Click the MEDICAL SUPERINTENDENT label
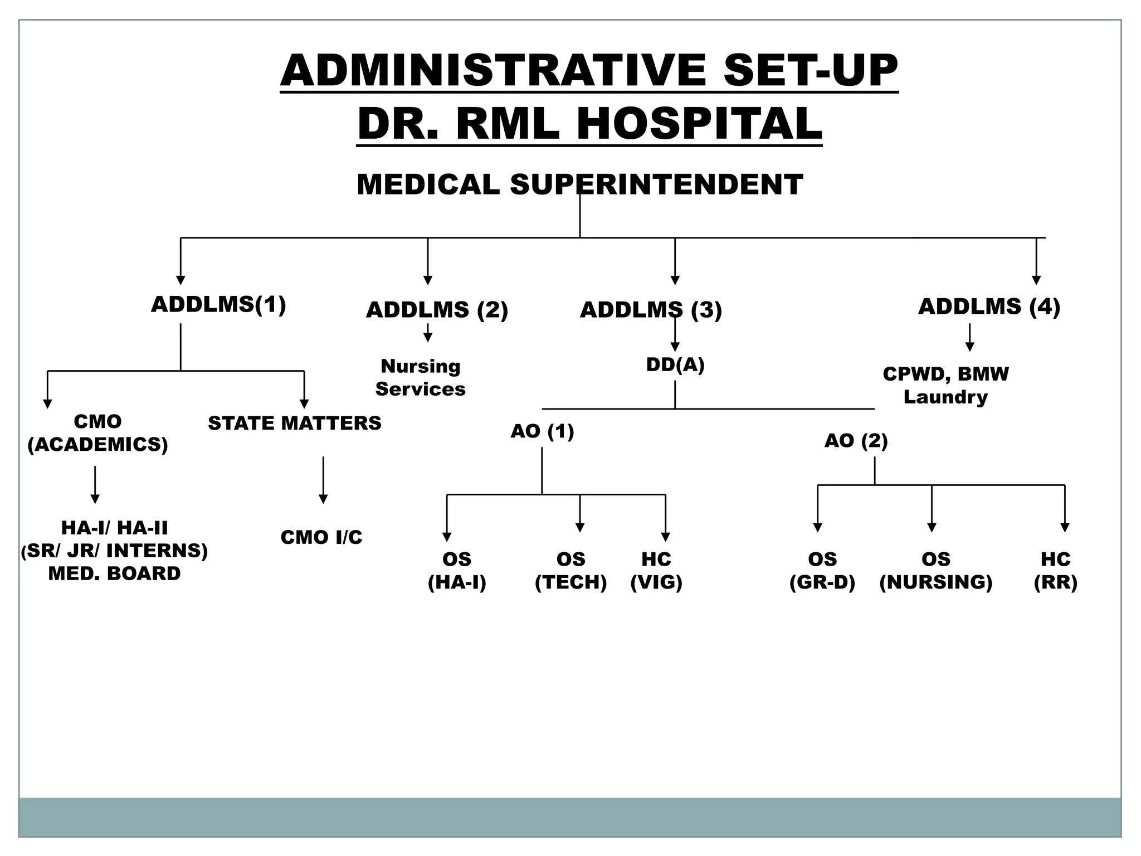tap(579, 184)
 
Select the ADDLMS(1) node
tap(218, 305)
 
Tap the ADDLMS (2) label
tap(437, 310)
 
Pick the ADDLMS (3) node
tap(651, 310)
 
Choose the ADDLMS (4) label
tap(989, 307)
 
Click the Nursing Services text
tap(420, 377)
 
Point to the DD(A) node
tap(675, 364)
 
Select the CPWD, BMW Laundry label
tap(945, 385)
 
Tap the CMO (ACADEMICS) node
tap(97, 433)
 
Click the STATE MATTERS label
tap(295, 424)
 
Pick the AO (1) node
tap(542, 431)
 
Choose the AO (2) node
tap(856, 441)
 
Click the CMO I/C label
tap(321, 537)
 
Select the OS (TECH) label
tap(570, 571)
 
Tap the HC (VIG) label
tap(656, 571)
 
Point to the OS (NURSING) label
tap(936, 571)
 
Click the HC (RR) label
tap(1055, 571)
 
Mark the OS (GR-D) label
tap(822, 571)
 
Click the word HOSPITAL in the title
tap(699, 123)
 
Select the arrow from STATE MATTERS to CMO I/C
tap(323, 479)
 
